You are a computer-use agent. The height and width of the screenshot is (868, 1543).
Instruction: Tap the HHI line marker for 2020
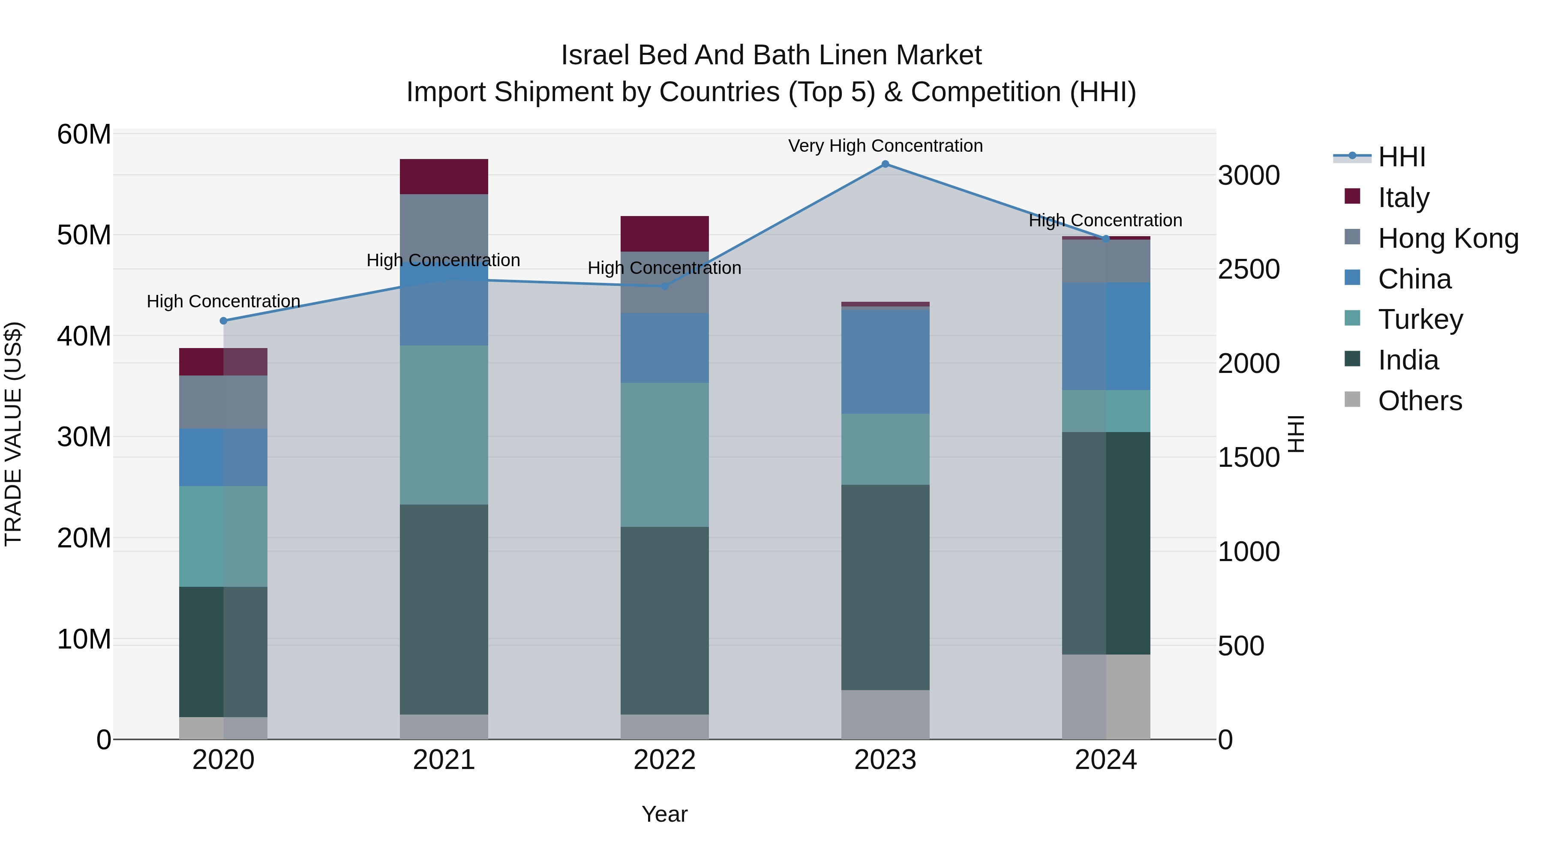[x=223, y=321]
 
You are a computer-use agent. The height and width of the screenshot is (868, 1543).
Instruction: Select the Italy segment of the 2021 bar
[x=444, y=177]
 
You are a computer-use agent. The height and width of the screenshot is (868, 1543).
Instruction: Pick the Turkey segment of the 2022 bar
[x=664, y=455]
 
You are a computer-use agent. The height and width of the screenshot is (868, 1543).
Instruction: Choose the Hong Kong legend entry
[x=1448, y=238]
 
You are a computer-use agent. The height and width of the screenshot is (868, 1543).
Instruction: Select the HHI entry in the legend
[x=1401, y=157]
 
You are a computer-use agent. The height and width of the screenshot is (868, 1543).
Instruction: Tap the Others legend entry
[x=1420, y=401]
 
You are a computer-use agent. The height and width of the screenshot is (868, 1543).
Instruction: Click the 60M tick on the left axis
[x=84, y=134]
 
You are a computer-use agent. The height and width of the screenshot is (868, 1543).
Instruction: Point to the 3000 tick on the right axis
[x=1249, y=175]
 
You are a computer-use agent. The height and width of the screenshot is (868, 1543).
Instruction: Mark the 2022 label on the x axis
[x=664, y=760]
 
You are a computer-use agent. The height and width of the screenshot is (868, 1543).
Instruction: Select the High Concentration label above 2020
[x=223, y=301]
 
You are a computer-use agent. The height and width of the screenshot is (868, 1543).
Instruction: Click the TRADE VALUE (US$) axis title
[x=13, y=434]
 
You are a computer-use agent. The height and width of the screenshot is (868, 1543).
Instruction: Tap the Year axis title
[x=664, y=814]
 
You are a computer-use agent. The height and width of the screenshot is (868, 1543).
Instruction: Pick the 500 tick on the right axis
[x=1241, y=646]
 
